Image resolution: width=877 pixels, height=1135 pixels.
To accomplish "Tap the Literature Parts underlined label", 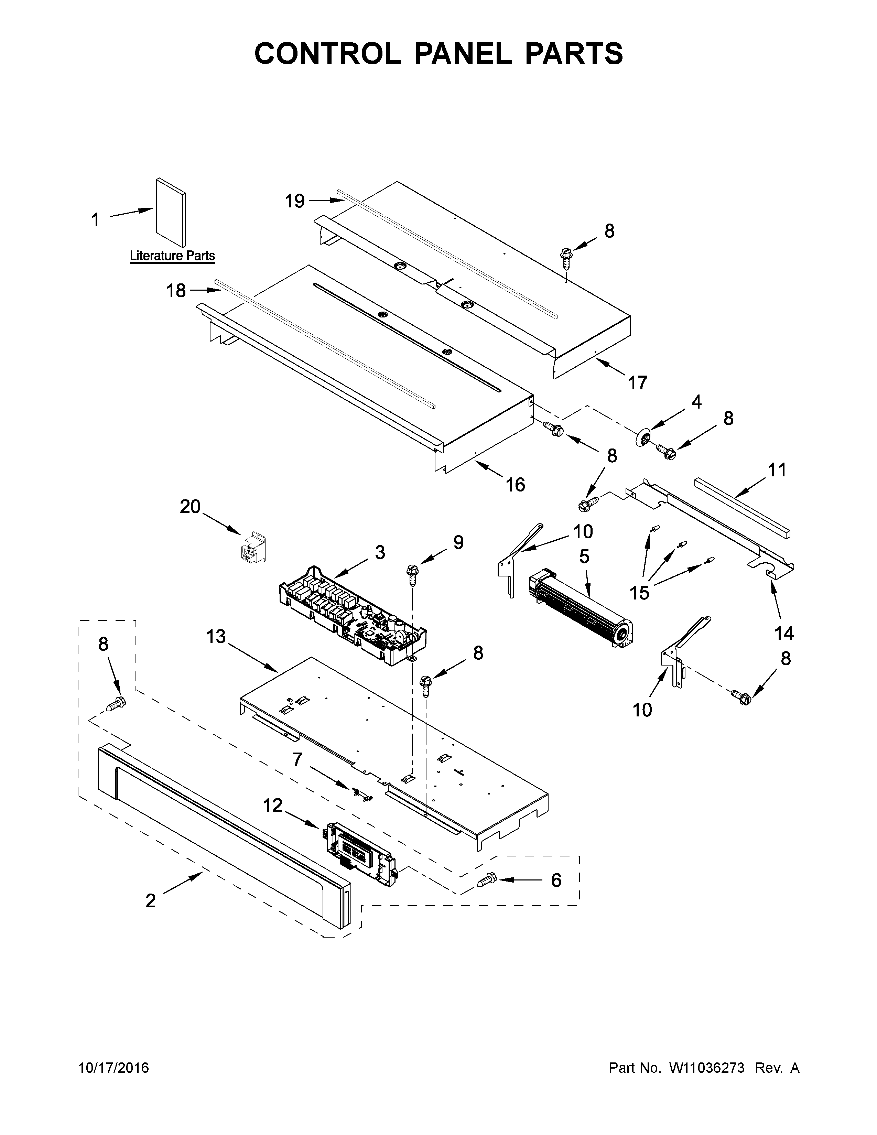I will (x=172, y=256).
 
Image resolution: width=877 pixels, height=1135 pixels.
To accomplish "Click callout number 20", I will (x=190, y=506).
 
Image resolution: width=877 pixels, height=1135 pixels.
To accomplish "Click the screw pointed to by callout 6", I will (x=487, y=879).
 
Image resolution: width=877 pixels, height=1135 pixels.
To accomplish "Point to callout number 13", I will (x=216, y=636).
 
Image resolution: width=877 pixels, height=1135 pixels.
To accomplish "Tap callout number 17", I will (x=638, y=382).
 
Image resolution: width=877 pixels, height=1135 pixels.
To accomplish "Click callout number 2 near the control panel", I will (x=150, y=901).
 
